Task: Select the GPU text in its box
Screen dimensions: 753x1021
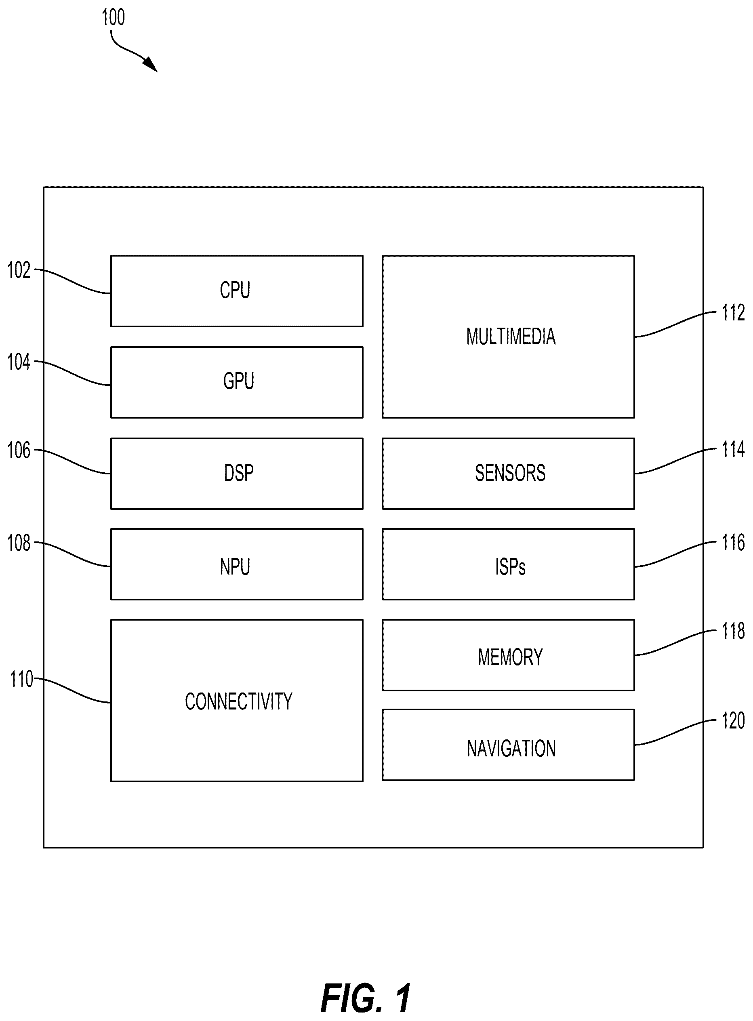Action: coord(238,381)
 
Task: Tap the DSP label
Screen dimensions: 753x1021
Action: coord(238,473)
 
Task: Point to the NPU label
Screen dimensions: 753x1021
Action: coord(235,566)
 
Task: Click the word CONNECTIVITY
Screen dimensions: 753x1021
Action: coord(238,701)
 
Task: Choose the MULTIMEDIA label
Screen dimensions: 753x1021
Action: coord(511,337)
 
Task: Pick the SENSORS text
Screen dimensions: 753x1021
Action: coord(510,473)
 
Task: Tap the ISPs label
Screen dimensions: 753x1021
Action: coord(510,566)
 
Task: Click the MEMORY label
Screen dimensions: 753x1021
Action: coord(510,657)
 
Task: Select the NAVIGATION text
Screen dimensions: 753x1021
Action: coord(511,748)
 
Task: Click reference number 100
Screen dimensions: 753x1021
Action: coord(113,17)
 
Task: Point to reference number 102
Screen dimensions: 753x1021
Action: coord(19,270)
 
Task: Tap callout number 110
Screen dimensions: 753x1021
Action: coord(21,679)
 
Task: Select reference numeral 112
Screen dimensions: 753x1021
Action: coord(733,313)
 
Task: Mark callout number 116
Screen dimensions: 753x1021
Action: coord(733,542)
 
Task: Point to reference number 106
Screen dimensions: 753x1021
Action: coord(19,451)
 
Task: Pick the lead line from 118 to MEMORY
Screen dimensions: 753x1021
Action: coord(675,643)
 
